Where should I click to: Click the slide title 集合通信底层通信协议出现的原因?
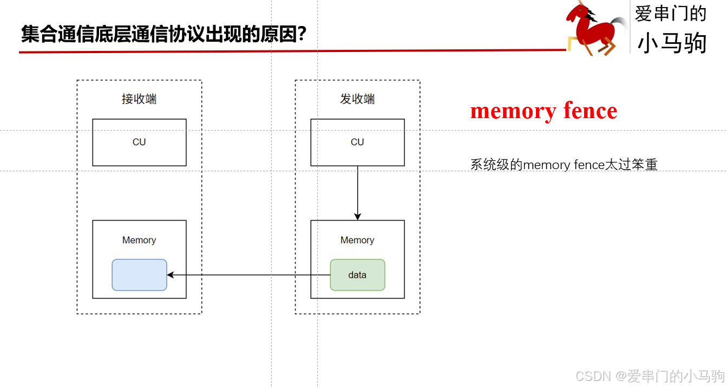coord(162,35)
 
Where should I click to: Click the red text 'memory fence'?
coord(543,111)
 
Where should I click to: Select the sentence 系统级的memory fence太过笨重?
coord(564,164)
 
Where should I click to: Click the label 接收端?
coord(139,99)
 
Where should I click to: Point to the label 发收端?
coord(357,99)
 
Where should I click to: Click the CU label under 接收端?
coord(139,142)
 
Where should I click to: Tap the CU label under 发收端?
coord(357,142)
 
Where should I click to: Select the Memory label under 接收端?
coord(139,240)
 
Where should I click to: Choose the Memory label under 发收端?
coord(357,240)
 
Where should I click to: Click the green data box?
coord(357,275)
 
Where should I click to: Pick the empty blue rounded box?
coord(139,275)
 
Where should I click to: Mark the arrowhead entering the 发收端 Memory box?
coord(357,216)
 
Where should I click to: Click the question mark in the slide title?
coord(302,35)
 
